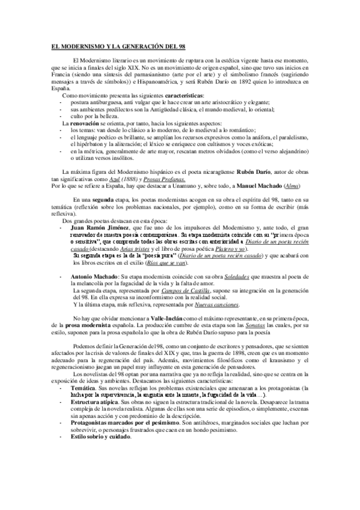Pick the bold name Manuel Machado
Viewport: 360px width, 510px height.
coord(261,187)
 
